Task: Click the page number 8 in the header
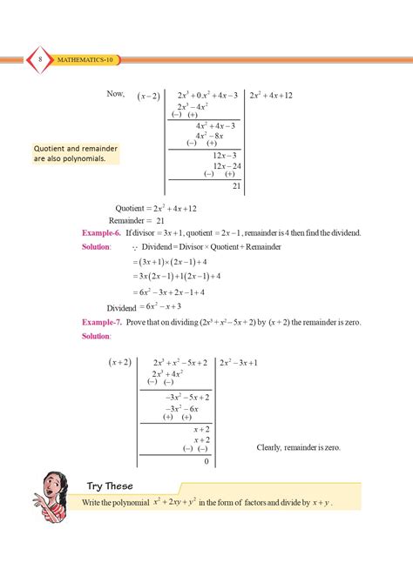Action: point(41,58)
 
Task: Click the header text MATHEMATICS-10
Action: point(85,59)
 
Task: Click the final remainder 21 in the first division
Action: point(235,185)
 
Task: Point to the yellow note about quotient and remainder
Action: point(76,154)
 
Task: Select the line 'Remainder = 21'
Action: point(140,221)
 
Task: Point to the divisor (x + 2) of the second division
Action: point(120,362)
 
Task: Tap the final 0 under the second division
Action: point(206,461)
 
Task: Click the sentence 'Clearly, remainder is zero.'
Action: point(298,447)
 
